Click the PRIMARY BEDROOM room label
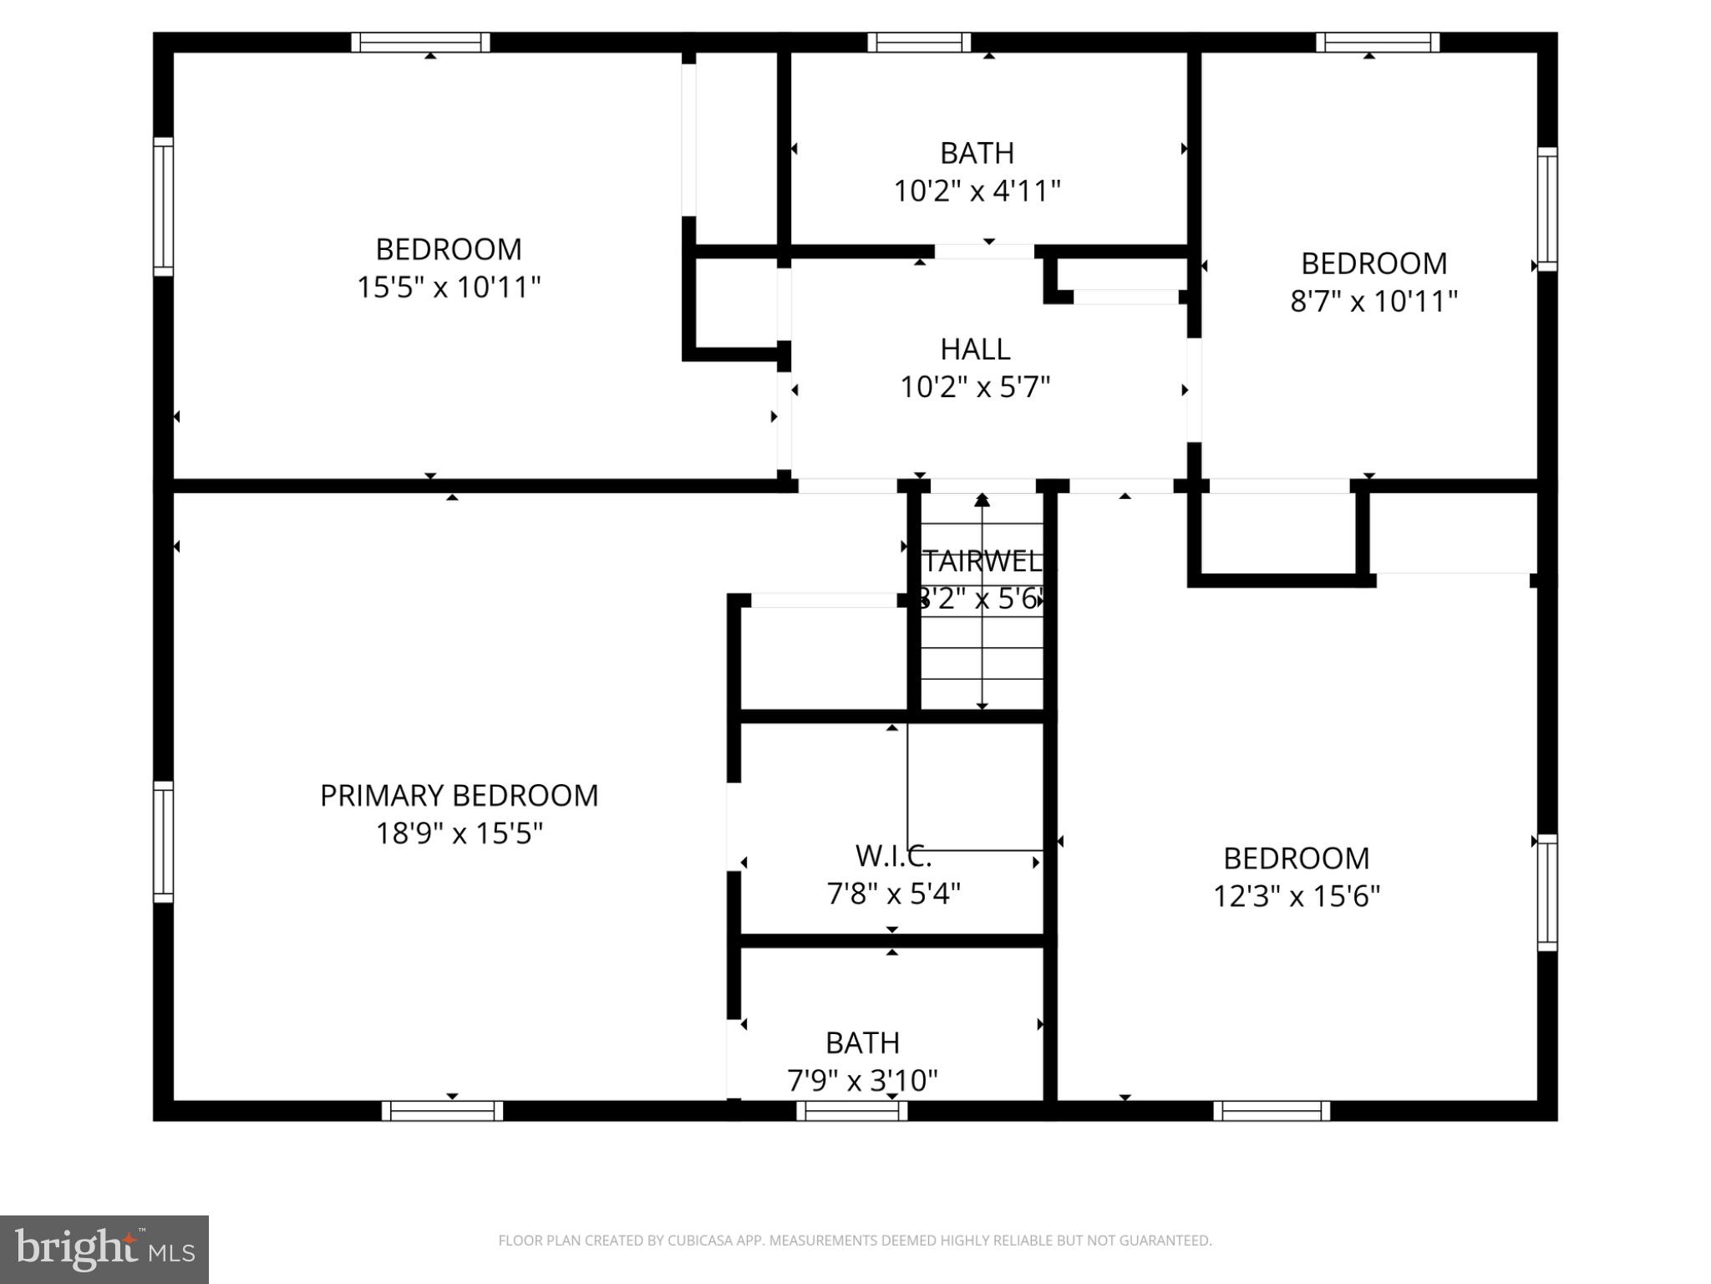pyautogui.click(x=459, y=796)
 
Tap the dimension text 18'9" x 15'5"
pyautogui.click(x=459, y=834)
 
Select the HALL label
pyautogui.click(x=975, y=349)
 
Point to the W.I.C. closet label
pyautogui.click(x=893, y=857)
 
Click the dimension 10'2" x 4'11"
pyautogui.click(x=977, y=191)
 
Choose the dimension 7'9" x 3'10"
pyautogui.click(x=862, y=1082)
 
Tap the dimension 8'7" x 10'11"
pyautogui.click(x=1373, y=302)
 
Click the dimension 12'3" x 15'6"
pyautogui.click(x=1296, y=897)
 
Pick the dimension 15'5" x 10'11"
pyautogui.click(x=449, y=288)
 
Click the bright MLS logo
pyautogui.click(x=104, y=1250)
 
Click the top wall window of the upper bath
pyautogui.click(x=919, y=43)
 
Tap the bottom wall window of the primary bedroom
pyautogui.click(x=442, y=1111)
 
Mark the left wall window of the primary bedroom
pyautogui.click(x=163, y=842)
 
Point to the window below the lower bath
pyautogui.click(x=851, y=1111)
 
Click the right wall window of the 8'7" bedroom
pyautogui.click(x=1548, y=209)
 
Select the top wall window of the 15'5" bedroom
pyautogui.click(x=420, y=43)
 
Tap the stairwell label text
pyautogui.click(x=982, y=561)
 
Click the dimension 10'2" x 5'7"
pyautogui.click(x=975, y=388)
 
